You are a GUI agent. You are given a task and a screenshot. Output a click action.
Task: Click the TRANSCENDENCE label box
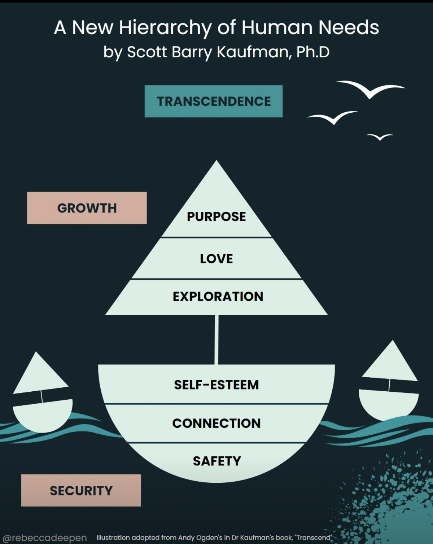pyautogui.click(x=213, y=101)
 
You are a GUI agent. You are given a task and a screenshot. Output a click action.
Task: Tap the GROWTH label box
pyautogui.click(x=87, y=208)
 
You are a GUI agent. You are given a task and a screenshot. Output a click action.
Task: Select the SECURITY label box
pyautogui.click(x=81, y=490)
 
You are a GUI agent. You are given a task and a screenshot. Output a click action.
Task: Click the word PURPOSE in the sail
pyautogui.click(x=216, y=217)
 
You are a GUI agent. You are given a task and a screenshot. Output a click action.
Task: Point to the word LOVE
pyautogui.click(x=216, y=259)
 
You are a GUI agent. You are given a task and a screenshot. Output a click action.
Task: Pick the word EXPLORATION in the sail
pyautogui.click(x=218, y=297)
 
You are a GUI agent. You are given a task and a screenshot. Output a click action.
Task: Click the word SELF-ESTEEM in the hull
pyautogui.click(x=216, y=385)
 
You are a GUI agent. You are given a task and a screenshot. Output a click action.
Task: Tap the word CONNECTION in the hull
pyautogui.click(x=216, y=423)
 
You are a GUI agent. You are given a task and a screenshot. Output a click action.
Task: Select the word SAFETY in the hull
pyautogui.click(x=217, y=461)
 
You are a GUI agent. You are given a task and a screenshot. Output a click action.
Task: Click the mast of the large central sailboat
pyautogui.click(x=216, y=340)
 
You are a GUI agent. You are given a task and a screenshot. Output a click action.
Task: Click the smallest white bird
pyautogui.click(x=380, y=137)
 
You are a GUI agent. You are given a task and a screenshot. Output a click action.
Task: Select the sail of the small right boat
pyautogui.click(x=391, y=363)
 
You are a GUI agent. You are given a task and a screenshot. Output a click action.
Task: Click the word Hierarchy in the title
pyautogui.click(x=165, y=28)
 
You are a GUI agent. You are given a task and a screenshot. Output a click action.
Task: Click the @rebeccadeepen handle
pyautogui.click(x=44, y=538)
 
